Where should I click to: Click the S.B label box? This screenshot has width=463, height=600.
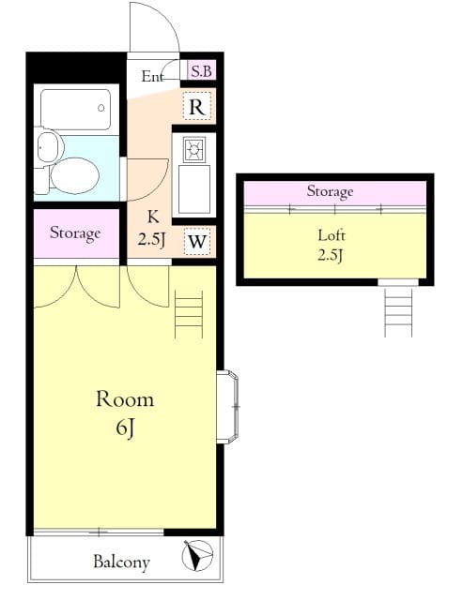point(202,71)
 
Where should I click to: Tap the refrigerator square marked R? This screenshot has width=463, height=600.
point(197,106)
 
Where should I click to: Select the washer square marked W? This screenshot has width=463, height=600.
point(197,242)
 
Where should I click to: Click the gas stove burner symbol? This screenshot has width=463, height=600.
point(194,150)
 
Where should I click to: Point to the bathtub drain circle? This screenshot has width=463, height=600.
point(101,108)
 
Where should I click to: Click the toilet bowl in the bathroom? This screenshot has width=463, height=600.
point(74,175)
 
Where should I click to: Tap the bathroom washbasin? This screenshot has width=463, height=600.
point(49,146)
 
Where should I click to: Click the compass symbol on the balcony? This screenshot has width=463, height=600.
point(197,555)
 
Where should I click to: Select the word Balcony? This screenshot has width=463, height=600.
point(121,562)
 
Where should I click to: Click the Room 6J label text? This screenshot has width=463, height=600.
point(125,412)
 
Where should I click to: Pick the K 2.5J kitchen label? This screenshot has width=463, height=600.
point(152,229)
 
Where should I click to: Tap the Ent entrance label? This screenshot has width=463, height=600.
point(152,76)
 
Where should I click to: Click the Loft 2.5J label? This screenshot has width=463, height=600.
point(332,245)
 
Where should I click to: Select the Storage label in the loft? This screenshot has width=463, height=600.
point(330,191)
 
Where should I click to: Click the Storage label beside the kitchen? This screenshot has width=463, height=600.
point(75,233)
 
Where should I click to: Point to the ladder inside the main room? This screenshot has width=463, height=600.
point(189,314)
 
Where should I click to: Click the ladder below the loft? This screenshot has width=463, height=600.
point(398,312)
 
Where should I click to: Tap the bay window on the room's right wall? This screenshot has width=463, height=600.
point(227,407)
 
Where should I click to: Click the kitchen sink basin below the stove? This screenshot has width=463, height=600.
point(194,189)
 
